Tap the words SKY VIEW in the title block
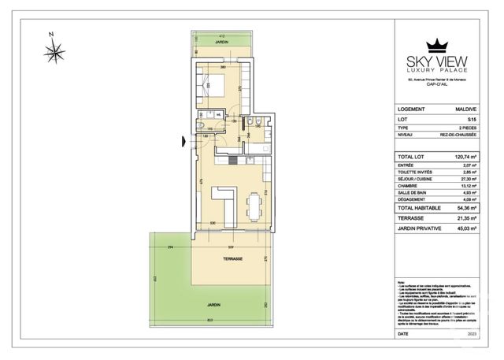(436, 61)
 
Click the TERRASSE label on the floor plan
(232, 259)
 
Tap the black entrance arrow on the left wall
(183, 142)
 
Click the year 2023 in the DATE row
(472, 334)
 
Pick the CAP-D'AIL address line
(436, 86)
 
